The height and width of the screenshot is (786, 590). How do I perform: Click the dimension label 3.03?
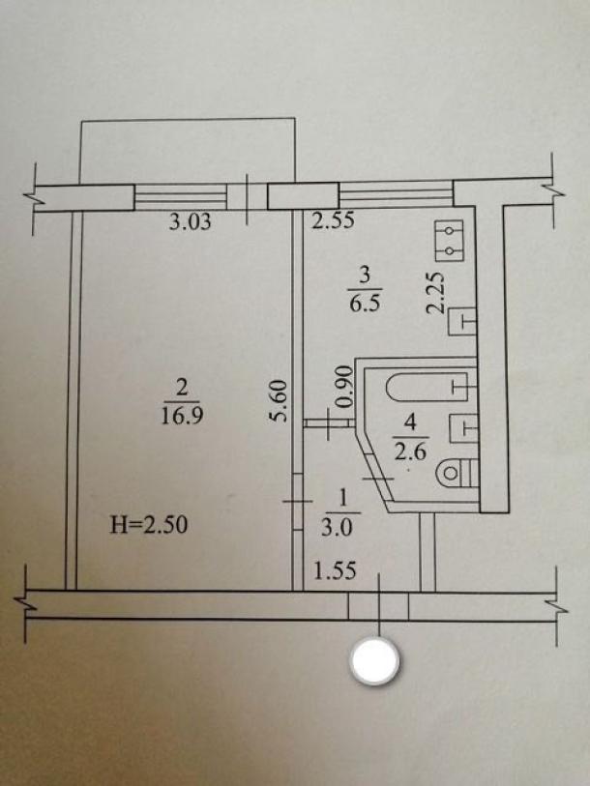point(190,221)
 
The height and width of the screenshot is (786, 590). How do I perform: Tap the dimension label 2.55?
point(333,220)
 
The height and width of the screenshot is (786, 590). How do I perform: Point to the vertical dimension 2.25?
point(435,293)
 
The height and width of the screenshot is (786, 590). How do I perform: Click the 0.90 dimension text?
point(344,387)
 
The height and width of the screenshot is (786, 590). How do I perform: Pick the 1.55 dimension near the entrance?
point(335,570)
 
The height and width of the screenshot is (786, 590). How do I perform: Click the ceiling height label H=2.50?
point(149,525)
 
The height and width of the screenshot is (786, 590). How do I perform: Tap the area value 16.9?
point(182,416)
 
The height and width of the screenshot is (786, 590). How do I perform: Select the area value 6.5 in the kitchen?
point(365,305)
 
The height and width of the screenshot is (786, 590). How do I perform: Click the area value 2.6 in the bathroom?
point(410,452)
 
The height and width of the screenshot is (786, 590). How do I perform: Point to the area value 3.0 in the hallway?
point(337,528)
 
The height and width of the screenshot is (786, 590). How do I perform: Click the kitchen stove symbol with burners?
point(449,241)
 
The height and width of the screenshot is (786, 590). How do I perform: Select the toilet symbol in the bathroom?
point(457,473)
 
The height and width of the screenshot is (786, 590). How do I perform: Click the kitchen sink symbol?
point(461,321)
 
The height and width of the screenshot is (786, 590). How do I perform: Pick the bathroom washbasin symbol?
point(463,427)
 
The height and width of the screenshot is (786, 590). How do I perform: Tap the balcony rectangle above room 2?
point(188,152)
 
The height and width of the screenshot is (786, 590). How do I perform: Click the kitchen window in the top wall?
point(396,194)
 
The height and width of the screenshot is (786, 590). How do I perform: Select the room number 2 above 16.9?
point(182,388)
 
